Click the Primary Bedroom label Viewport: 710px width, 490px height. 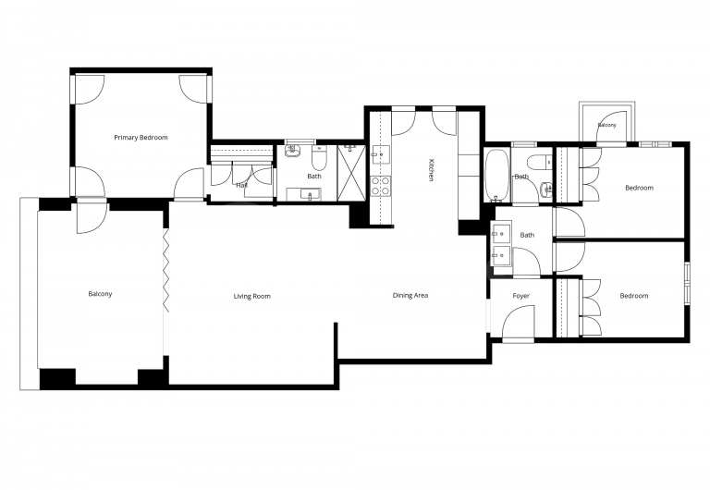tap(141, 138)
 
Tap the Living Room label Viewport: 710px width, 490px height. tap(251, 296)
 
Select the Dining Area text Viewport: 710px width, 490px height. tap(410, 296)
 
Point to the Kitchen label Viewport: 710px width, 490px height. tap(431, 170)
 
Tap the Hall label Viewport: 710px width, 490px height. tap(241, 185)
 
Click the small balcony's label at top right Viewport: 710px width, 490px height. tap(606, 125)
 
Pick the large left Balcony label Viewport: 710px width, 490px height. tap(100, 294)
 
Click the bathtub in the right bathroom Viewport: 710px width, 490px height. tap(497, 176)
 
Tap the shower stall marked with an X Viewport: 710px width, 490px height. tap(352, 173)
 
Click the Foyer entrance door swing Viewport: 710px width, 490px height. tap(520, 323)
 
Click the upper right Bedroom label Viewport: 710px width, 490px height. tap(639, 188)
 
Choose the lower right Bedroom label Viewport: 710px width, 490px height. tap(633, 296)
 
